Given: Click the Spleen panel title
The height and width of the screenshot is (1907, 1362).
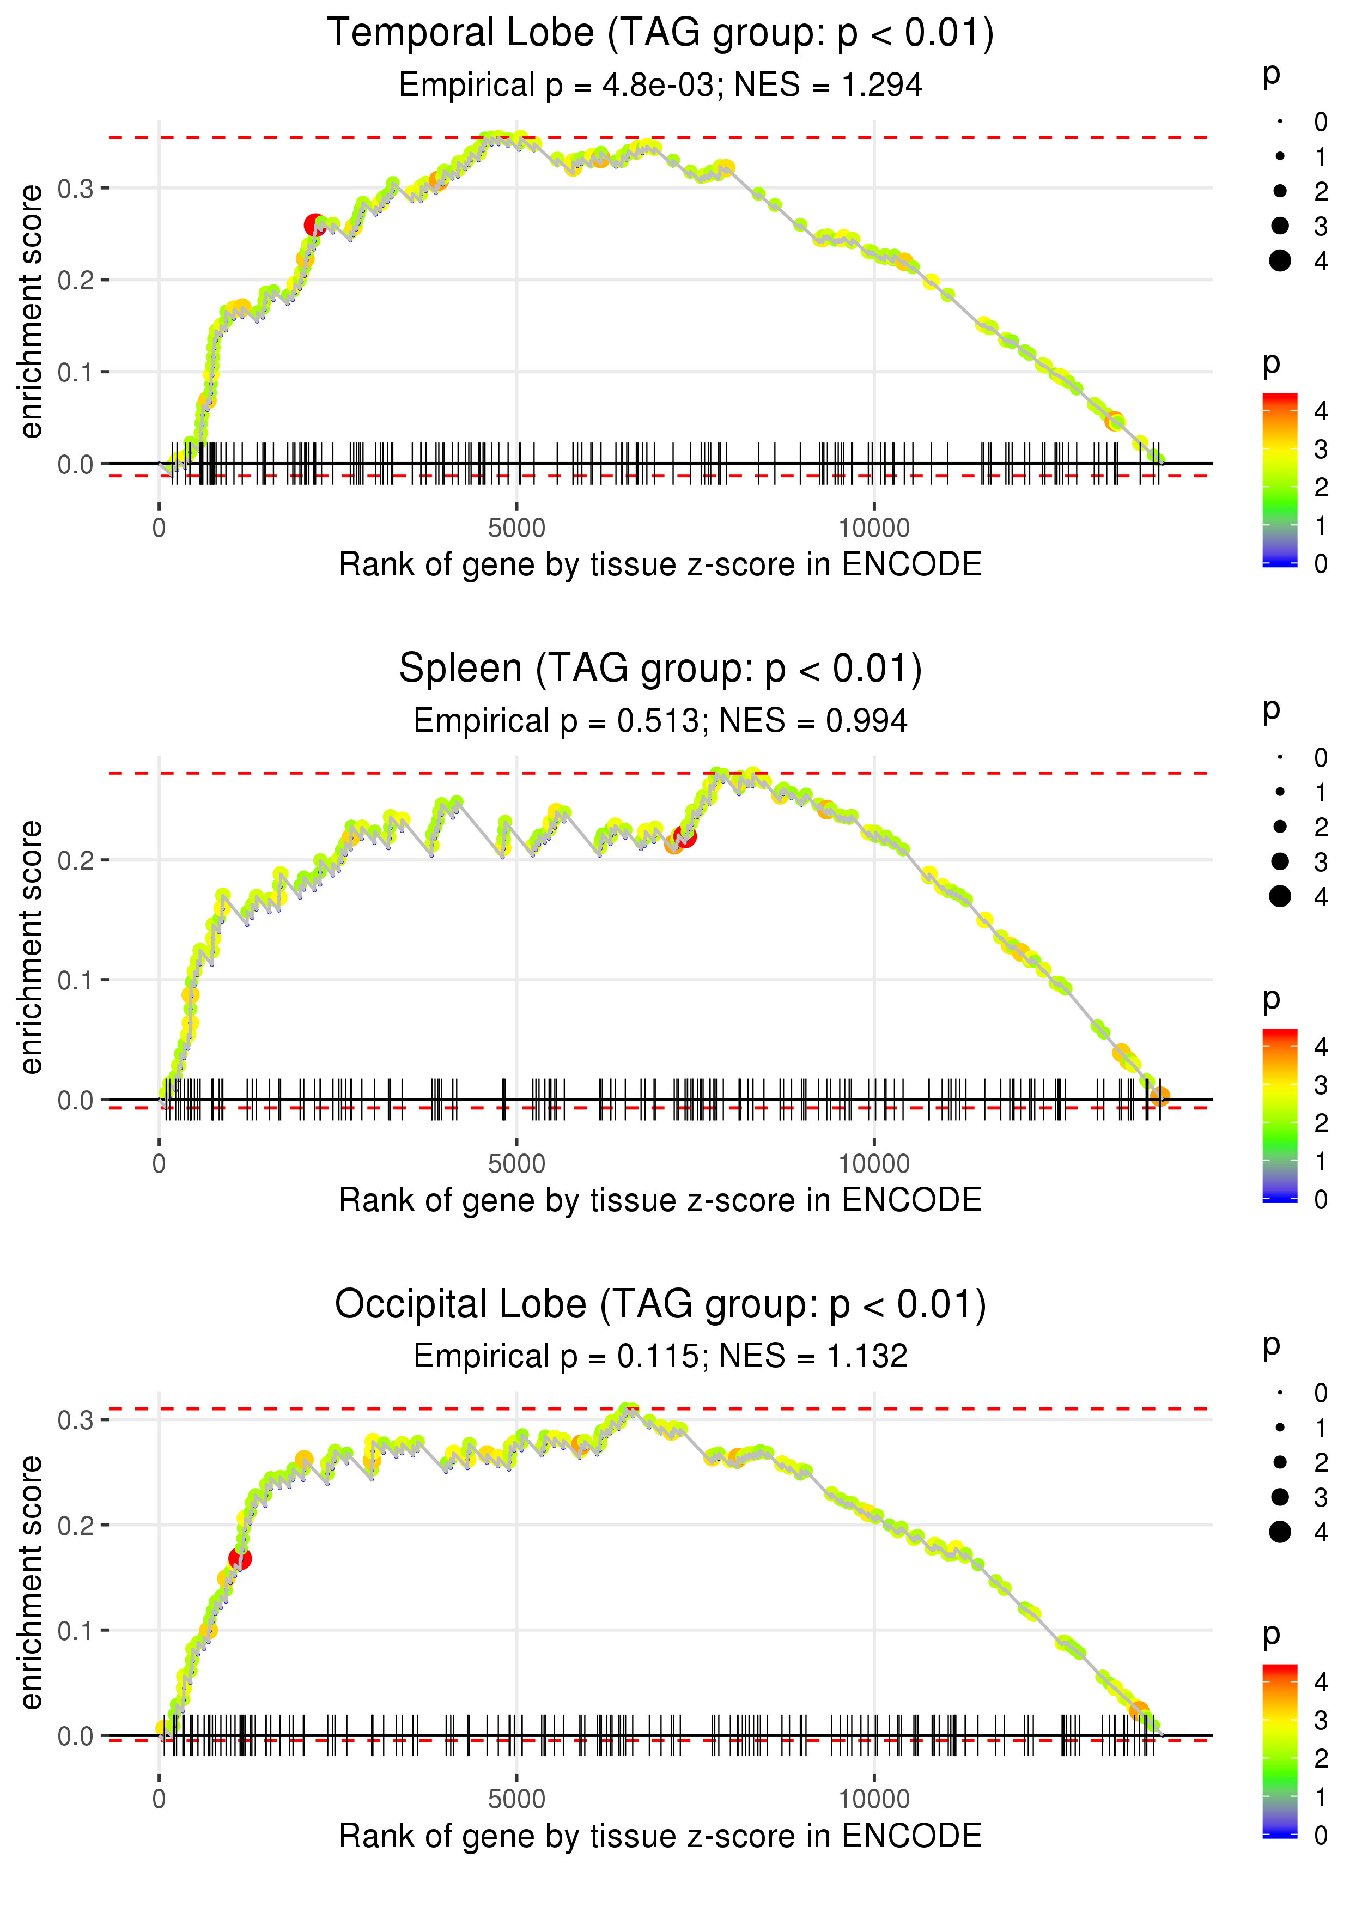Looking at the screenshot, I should click(x=660, y=669).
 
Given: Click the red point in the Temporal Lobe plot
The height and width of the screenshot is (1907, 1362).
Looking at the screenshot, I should click(x=314, y=224).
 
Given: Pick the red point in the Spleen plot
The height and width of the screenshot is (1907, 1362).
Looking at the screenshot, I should click(x=684, y=836).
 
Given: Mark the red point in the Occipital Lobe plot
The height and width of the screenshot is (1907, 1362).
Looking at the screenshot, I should click(x=240, y=1559).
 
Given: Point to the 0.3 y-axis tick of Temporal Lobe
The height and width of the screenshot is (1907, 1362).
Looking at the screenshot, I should click(x=76, y=189).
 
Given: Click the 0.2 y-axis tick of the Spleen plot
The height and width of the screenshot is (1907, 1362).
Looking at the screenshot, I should click(x=76, y=860).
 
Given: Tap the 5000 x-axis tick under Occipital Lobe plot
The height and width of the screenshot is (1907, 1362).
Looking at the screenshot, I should click(x=516, y=1799).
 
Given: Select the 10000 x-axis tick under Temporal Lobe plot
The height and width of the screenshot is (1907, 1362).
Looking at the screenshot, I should click(x=874, y=529).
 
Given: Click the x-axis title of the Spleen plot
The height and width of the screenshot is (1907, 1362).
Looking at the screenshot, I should click(x=660, y=1200).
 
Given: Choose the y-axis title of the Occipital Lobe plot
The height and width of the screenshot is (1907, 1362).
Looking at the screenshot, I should click(x=31, y=1582).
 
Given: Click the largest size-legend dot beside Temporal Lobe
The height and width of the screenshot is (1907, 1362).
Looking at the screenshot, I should click(x=1280, y=261).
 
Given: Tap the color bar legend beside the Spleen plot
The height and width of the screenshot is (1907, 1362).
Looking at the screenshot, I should click(x=1280, y=1115).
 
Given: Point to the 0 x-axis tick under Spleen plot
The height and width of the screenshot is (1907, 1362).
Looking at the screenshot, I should click(x=159, y=1164).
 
